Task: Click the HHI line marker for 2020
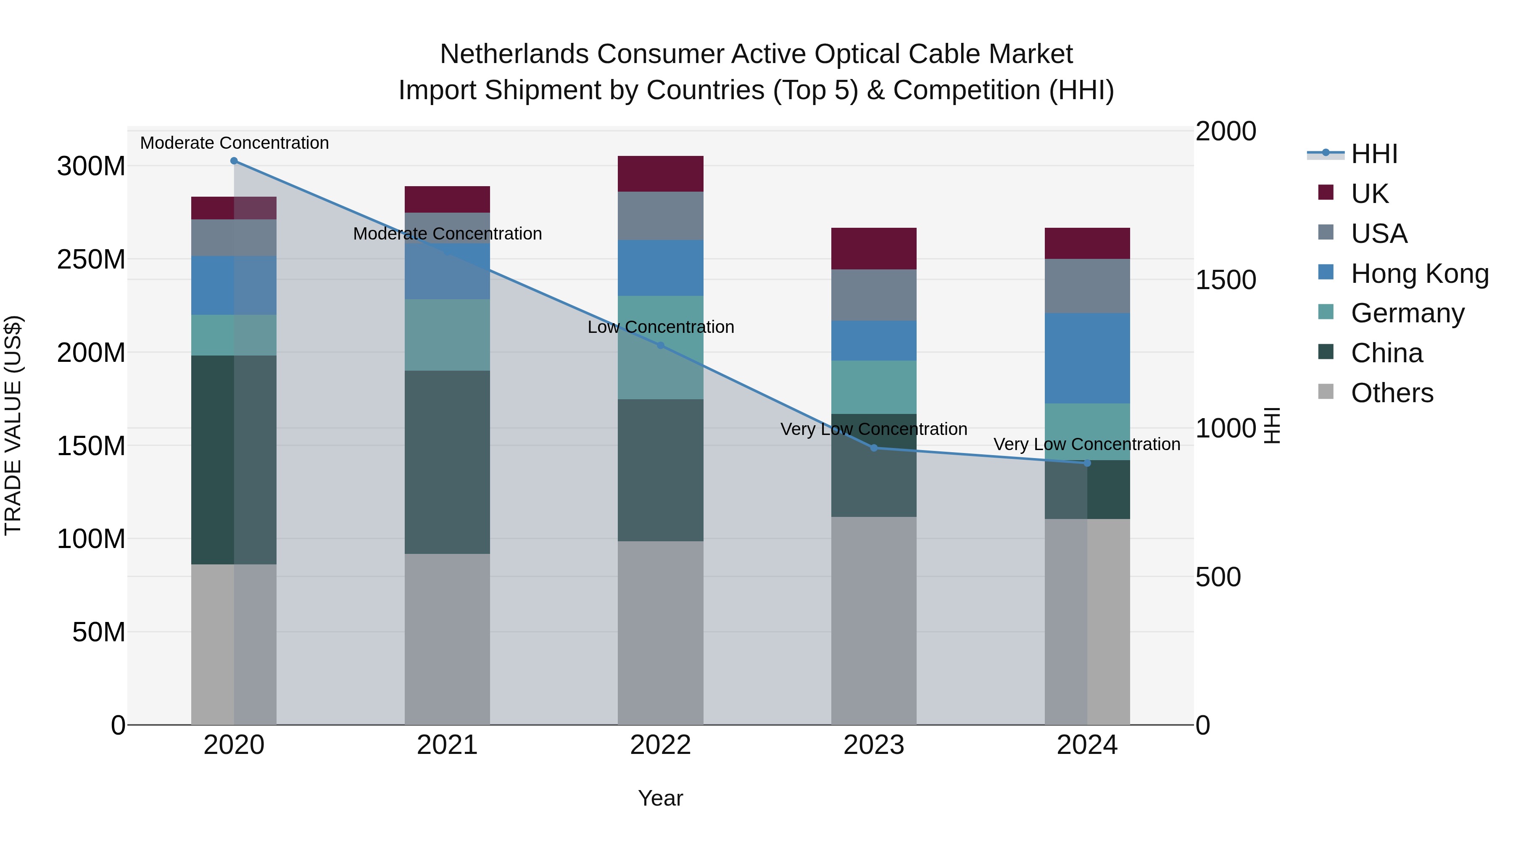[x=234, y=161]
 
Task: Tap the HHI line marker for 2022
[x=660, y=345]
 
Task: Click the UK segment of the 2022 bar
[x=660, y=174]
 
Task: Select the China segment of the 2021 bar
[x=447, y=462]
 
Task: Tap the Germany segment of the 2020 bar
[x=234, y=335]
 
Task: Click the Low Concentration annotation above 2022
[x=660, y=327]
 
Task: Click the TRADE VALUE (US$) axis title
[x=13, y=425]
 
